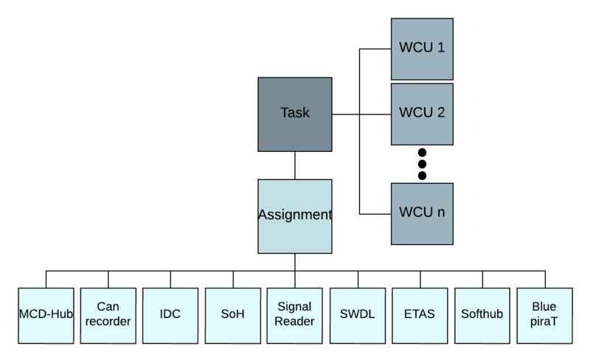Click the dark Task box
(295, 114)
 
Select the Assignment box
(295, 215)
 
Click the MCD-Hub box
(46, 315)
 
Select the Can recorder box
(108, 315)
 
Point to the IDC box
(170, 315)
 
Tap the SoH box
(233, 315)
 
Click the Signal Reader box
(295, 315)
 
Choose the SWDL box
(358, 315)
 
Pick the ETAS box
(420, 315)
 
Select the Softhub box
(482, 315)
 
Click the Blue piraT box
(544, 315)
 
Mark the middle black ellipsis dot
(422, 164)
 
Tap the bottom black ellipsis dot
(422, 176)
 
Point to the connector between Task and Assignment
(295, 165)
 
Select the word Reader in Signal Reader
(295, 322)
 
